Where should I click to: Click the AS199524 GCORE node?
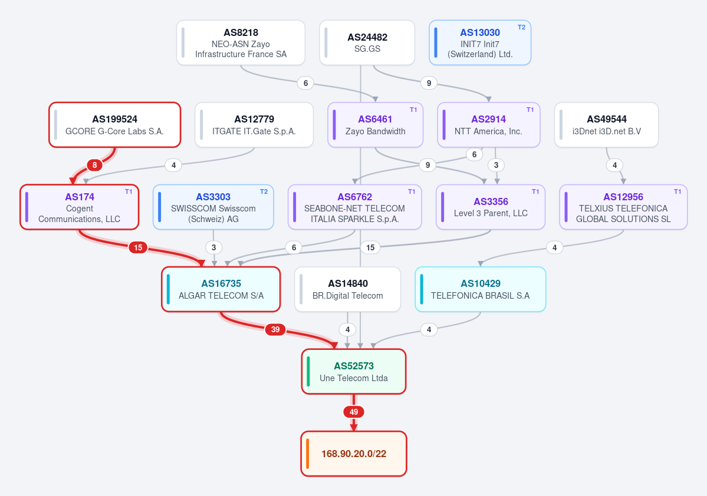(115, 125)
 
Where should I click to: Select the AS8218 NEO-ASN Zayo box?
(241, 43)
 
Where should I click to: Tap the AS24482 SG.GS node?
(367, 43)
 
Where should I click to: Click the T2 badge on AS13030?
(521, 27)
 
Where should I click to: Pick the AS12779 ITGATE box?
(254, 125)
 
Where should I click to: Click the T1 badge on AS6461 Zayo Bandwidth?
(413, 110)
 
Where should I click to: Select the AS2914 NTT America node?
(489, 125)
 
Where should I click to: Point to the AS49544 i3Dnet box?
(606, 125)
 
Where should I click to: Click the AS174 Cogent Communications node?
(80, 207)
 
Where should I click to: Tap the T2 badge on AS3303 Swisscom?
(264, 191)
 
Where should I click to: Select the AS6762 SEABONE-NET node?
(355, 207)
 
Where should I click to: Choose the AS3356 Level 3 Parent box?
(491, 207)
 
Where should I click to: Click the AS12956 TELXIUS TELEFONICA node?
(623, 207)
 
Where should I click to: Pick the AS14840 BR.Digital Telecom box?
(348, 289)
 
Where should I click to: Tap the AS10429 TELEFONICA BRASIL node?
(480, 289)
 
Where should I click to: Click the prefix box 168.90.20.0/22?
(354, 454)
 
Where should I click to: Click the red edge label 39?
(275, 329)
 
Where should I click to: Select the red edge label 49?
(354, 412)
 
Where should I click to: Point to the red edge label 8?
(95, 165)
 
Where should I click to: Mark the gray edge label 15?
(370, 247)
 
